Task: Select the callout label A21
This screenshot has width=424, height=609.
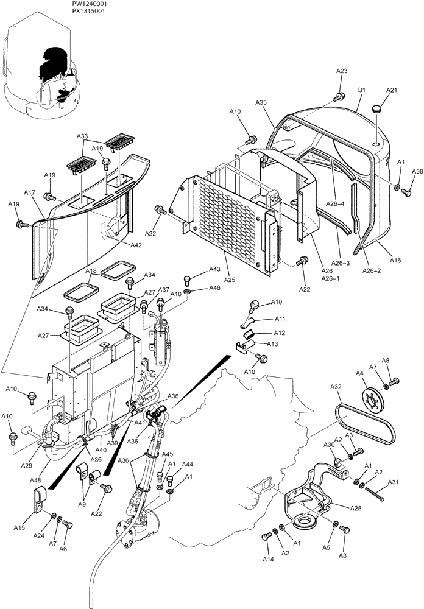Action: (392, 90)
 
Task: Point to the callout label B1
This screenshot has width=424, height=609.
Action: (361, 90)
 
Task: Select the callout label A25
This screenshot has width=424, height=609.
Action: (229, 279)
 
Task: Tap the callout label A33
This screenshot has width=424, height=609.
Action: (82, 136)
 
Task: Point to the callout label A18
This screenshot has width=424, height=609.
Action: (91, 270)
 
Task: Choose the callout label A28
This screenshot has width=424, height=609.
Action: (355, 507)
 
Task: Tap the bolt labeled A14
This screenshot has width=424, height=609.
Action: (266, 537)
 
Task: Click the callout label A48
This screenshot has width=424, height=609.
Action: (36, 480)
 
